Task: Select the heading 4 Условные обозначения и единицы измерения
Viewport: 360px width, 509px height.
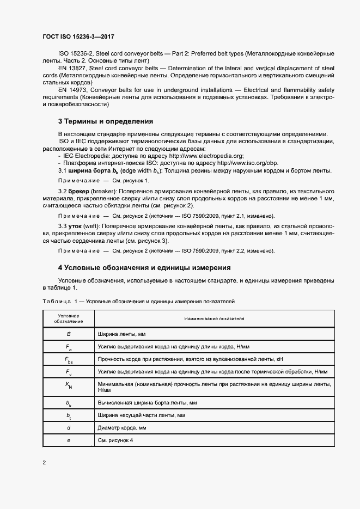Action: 144,268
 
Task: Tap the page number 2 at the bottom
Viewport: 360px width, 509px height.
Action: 44,463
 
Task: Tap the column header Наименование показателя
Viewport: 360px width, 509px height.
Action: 214,318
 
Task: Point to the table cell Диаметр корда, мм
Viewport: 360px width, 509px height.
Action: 123,428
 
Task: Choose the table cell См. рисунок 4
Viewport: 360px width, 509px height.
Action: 116,440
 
